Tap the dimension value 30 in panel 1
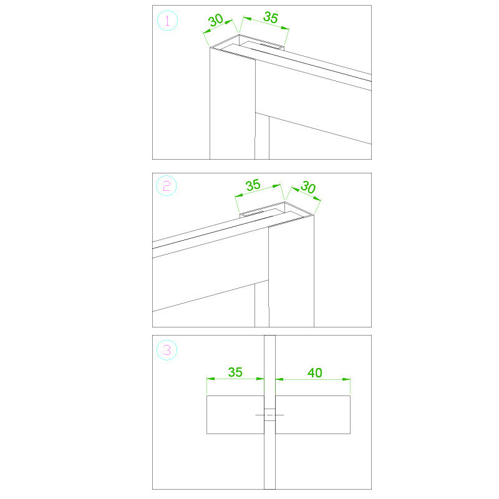coord(216,21)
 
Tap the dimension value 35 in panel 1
coord(271,17)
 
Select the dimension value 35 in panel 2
coord(253,185)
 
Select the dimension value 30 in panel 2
coord(308,187)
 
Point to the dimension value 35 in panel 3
coord(235,372)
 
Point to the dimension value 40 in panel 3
coord(315,372)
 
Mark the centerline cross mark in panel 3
coord(269,415)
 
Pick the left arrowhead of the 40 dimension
coord(279,379)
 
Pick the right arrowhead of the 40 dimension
coord(346,379)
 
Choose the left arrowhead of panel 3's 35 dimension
coord(211,379)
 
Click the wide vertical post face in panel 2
coord(291,274)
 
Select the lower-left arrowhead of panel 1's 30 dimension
coord(207,32)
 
